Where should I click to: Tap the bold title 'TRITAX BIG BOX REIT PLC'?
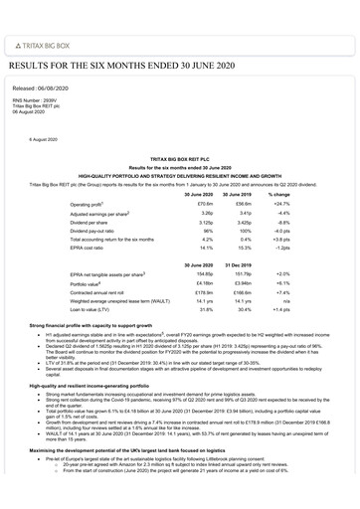point(180,158)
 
